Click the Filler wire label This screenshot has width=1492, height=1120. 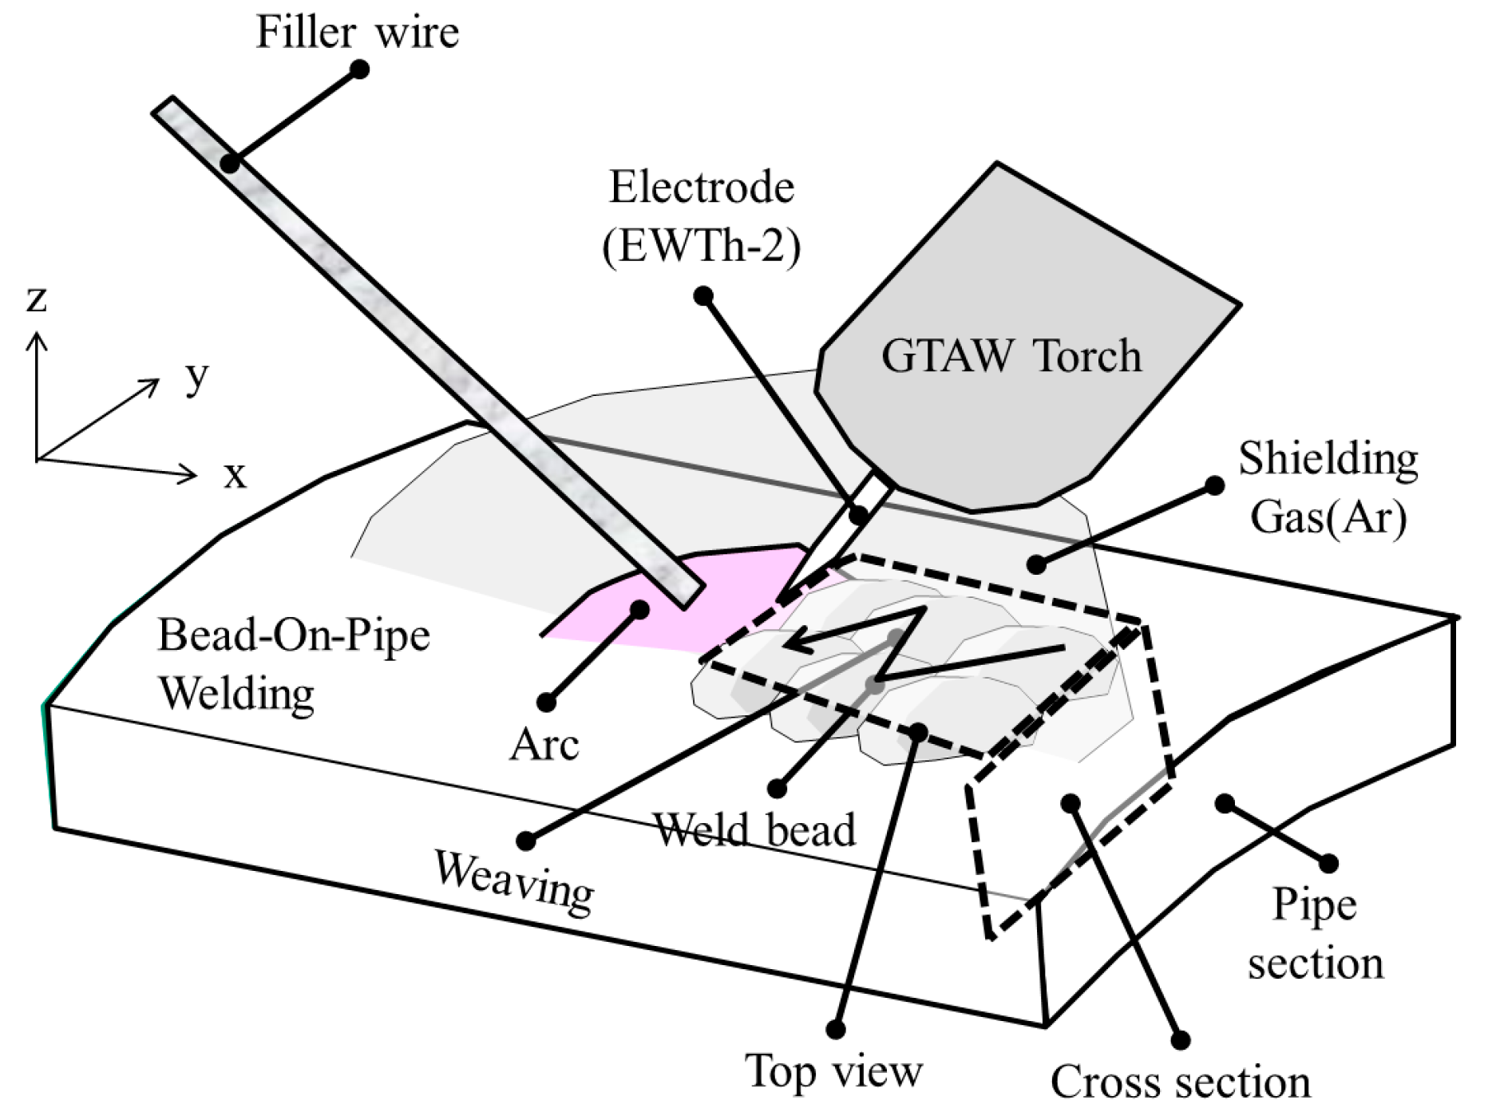pyautogui.click(x=357, y=34)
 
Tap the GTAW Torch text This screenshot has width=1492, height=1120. pyautogui.click(x=1011, y=356)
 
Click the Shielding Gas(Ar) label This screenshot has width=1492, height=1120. pyautogui.click(x=1328, y=488)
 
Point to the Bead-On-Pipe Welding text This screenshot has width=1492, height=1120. pyautogui.click(x=294, y=664)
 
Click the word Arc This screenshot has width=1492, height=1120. pyautogui.click(x=544, y=746)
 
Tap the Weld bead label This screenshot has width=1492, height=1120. pyautogui.click(x=754, y=829)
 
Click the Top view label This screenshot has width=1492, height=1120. pyautogui.click(x=833, y=1071)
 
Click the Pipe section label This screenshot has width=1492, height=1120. pyautogui.click(x=1315, y=933)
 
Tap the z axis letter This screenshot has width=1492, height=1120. pyautogui.click(x=37, y=299)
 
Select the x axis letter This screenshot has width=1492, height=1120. pyautogui.click(x=235, y=476)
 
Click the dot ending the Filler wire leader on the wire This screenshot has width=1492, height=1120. pyautogui.click(x=230, y=164)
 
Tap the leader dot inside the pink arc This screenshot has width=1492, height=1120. pyautogui.click(x=639, y=610)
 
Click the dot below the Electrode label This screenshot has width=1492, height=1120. pyautogui.click(x=703, y=296)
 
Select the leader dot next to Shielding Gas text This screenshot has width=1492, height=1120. pyautogui.click(x=1214, y=485)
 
